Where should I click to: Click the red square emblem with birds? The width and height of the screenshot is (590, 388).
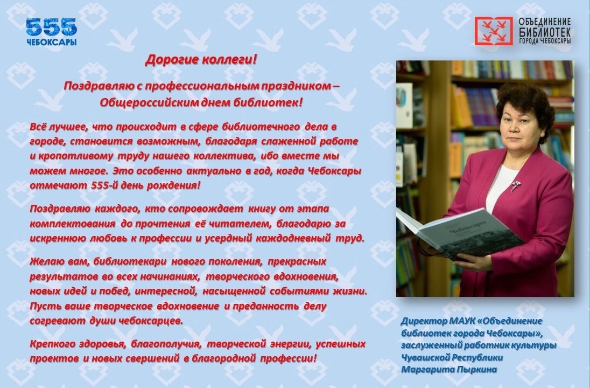coord(493,31)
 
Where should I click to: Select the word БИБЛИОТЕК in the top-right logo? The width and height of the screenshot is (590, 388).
coord(544,31)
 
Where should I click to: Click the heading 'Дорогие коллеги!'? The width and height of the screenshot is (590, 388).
coord(201,60)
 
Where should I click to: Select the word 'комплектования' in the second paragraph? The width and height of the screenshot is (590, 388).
coord(73,224)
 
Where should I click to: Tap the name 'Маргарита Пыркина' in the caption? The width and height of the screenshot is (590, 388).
coord(449,370)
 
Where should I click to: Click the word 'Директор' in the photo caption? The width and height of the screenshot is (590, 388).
coord(424,321)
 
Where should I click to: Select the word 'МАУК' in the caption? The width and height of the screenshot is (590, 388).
coord(462,321)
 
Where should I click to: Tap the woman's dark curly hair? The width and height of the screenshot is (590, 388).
coord(525,103)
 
